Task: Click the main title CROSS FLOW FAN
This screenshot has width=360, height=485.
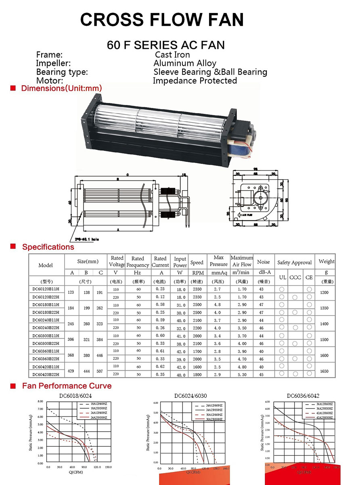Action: pos(162,19)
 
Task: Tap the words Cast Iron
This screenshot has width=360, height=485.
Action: pos(172,55)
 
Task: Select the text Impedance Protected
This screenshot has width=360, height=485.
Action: pos(195,81)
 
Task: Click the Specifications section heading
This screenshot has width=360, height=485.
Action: pos(48,247)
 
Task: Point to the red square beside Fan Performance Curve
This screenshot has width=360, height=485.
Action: pos(13,386)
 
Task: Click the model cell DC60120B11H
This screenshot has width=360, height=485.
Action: pos(46,289)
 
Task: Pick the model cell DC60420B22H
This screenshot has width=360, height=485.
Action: pos(46,375)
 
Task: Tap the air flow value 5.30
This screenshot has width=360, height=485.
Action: pos(242,375)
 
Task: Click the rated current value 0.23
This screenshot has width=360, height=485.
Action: pos(160,289)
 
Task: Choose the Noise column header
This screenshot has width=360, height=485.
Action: pos(263,262)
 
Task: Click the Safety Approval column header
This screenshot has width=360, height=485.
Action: pos(294,262)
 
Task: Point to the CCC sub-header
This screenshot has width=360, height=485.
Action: pos(295,277)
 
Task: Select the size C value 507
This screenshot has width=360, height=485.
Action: pos(100,371)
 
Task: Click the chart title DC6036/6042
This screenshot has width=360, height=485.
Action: pos(303,396)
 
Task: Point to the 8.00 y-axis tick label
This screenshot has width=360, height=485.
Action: pos(40,401)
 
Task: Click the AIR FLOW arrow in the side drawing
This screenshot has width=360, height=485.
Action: pos(245,215)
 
